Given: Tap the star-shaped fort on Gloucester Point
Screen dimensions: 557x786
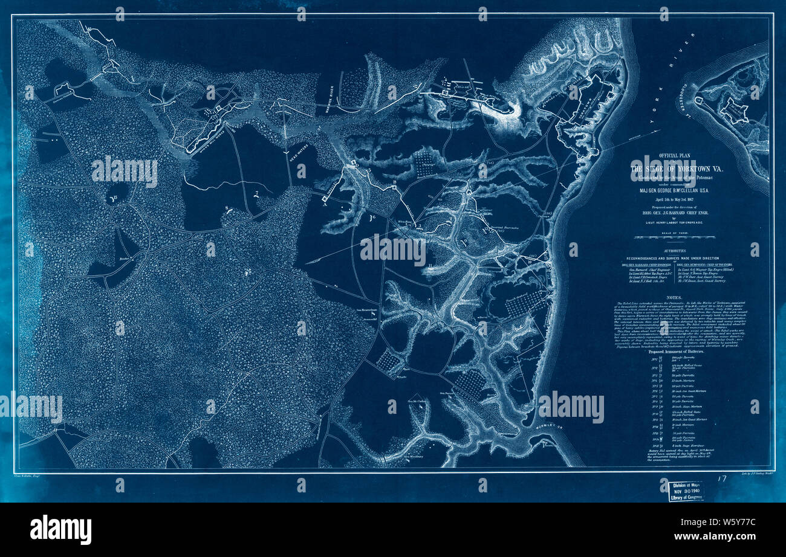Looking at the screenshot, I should coord(736,112).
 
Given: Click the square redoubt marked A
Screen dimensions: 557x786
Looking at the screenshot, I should coord(325,198).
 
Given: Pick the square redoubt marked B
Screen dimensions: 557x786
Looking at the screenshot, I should coord(394,188).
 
